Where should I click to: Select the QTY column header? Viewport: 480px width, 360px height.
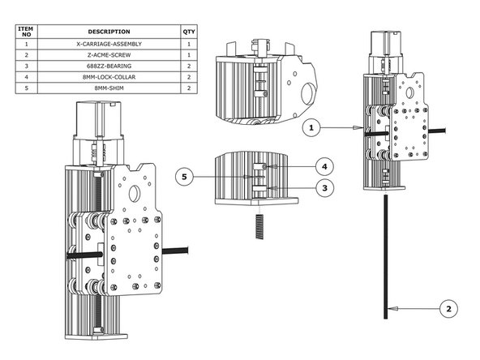click(189, 32)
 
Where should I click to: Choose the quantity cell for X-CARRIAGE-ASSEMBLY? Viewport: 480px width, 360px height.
click(189, 44)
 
